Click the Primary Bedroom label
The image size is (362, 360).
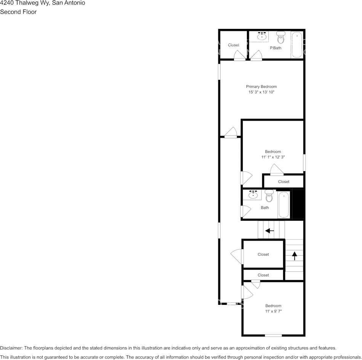[261, 87]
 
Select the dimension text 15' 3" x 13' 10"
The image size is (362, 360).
[261, 92]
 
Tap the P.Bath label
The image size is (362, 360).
[276, 48]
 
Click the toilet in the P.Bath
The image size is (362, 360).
[281, 37]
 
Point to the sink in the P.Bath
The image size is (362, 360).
[262, 37]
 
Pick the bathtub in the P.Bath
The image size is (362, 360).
[297, 45]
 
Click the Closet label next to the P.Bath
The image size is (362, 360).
[234, 45]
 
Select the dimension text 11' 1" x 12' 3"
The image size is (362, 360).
[273, 157]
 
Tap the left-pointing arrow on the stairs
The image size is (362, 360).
[270, 231]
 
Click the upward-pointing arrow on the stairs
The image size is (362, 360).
[294, 255]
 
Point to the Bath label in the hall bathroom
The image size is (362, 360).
[265, 207]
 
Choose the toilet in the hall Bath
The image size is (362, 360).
[269, 196]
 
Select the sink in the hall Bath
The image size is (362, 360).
[253, 195]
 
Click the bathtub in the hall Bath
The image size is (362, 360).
[284, 205]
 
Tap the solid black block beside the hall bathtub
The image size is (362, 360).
[298, 204]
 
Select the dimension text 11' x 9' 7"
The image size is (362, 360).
[273, 311]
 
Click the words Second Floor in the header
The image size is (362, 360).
[18, 12]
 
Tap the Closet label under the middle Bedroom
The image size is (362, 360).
[284, 182]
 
